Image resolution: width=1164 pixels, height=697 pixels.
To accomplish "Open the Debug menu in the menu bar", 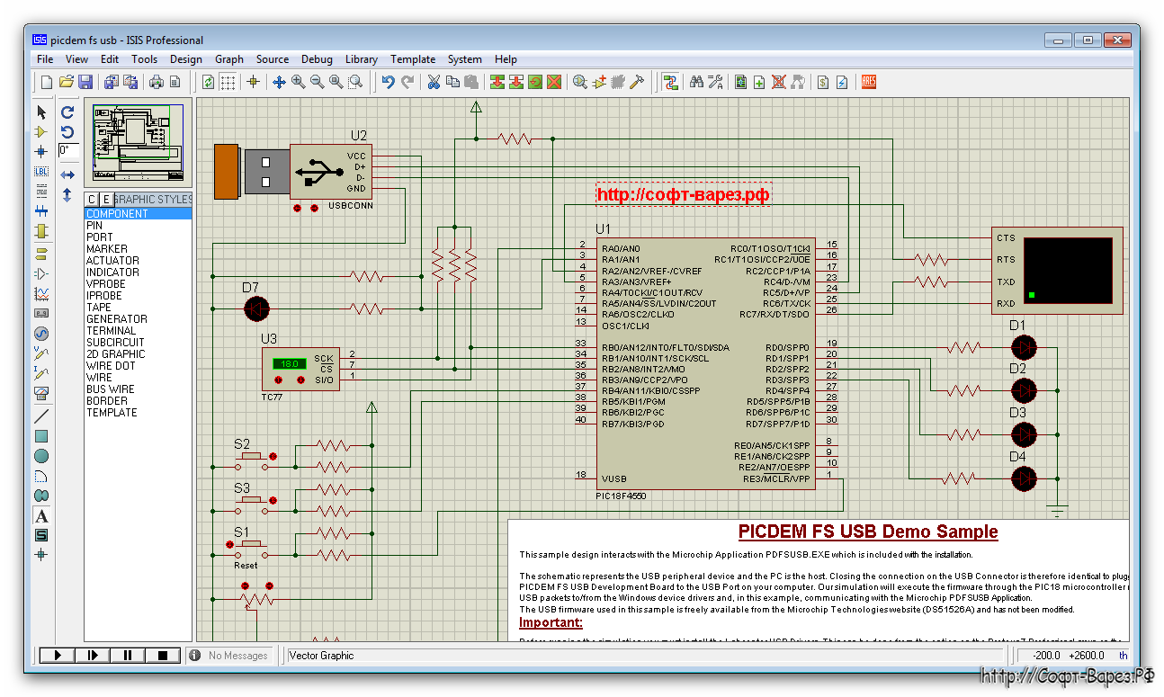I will pos(317,59).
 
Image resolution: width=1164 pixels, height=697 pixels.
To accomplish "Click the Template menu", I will pos(412,59).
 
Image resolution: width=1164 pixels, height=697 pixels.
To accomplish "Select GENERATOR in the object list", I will pos(116,319).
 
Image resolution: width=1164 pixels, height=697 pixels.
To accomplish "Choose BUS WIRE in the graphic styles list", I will pos(110,389).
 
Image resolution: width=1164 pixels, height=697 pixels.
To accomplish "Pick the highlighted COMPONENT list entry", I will pos(117,214).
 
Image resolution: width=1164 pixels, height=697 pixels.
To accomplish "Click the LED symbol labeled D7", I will pos(257,309).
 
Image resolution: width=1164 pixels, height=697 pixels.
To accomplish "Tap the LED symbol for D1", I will pos(1024,347).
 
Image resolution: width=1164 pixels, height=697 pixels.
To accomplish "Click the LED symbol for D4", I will pos(1024,478).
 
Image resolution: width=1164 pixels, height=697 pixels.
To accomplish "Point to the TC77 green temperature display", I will pos(289,364).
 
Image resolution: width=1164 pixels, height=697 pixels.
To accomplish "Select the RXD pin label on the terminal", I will pos(1005,304).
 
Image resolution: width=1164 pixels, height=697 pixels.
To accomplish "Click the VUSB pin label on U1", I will pos(614,479).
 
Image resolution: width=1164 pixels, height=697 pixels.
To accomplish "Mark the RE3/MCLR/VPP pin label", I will pos(775,479).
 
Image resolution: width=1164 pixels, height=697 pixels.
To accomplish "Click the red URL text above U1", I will pos(684,194).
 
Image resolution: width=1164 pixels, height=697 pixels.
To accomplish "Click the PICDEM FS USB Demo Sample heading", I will pos(867,532).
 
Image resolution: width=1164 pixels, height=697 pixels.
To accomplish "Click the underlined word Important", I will pos(551,622).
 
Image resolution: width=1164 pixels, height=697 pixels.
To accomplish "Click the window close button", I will pos(1118,40).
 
